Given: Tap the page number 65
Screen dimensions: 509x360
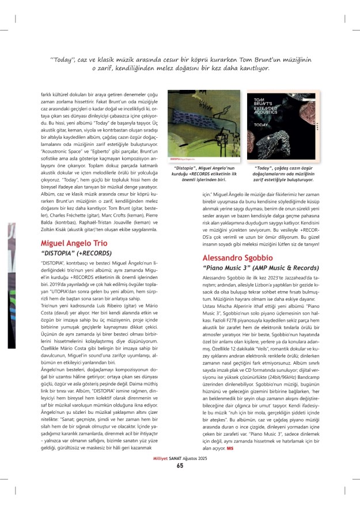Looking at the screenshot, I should (x=180, y=482).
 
